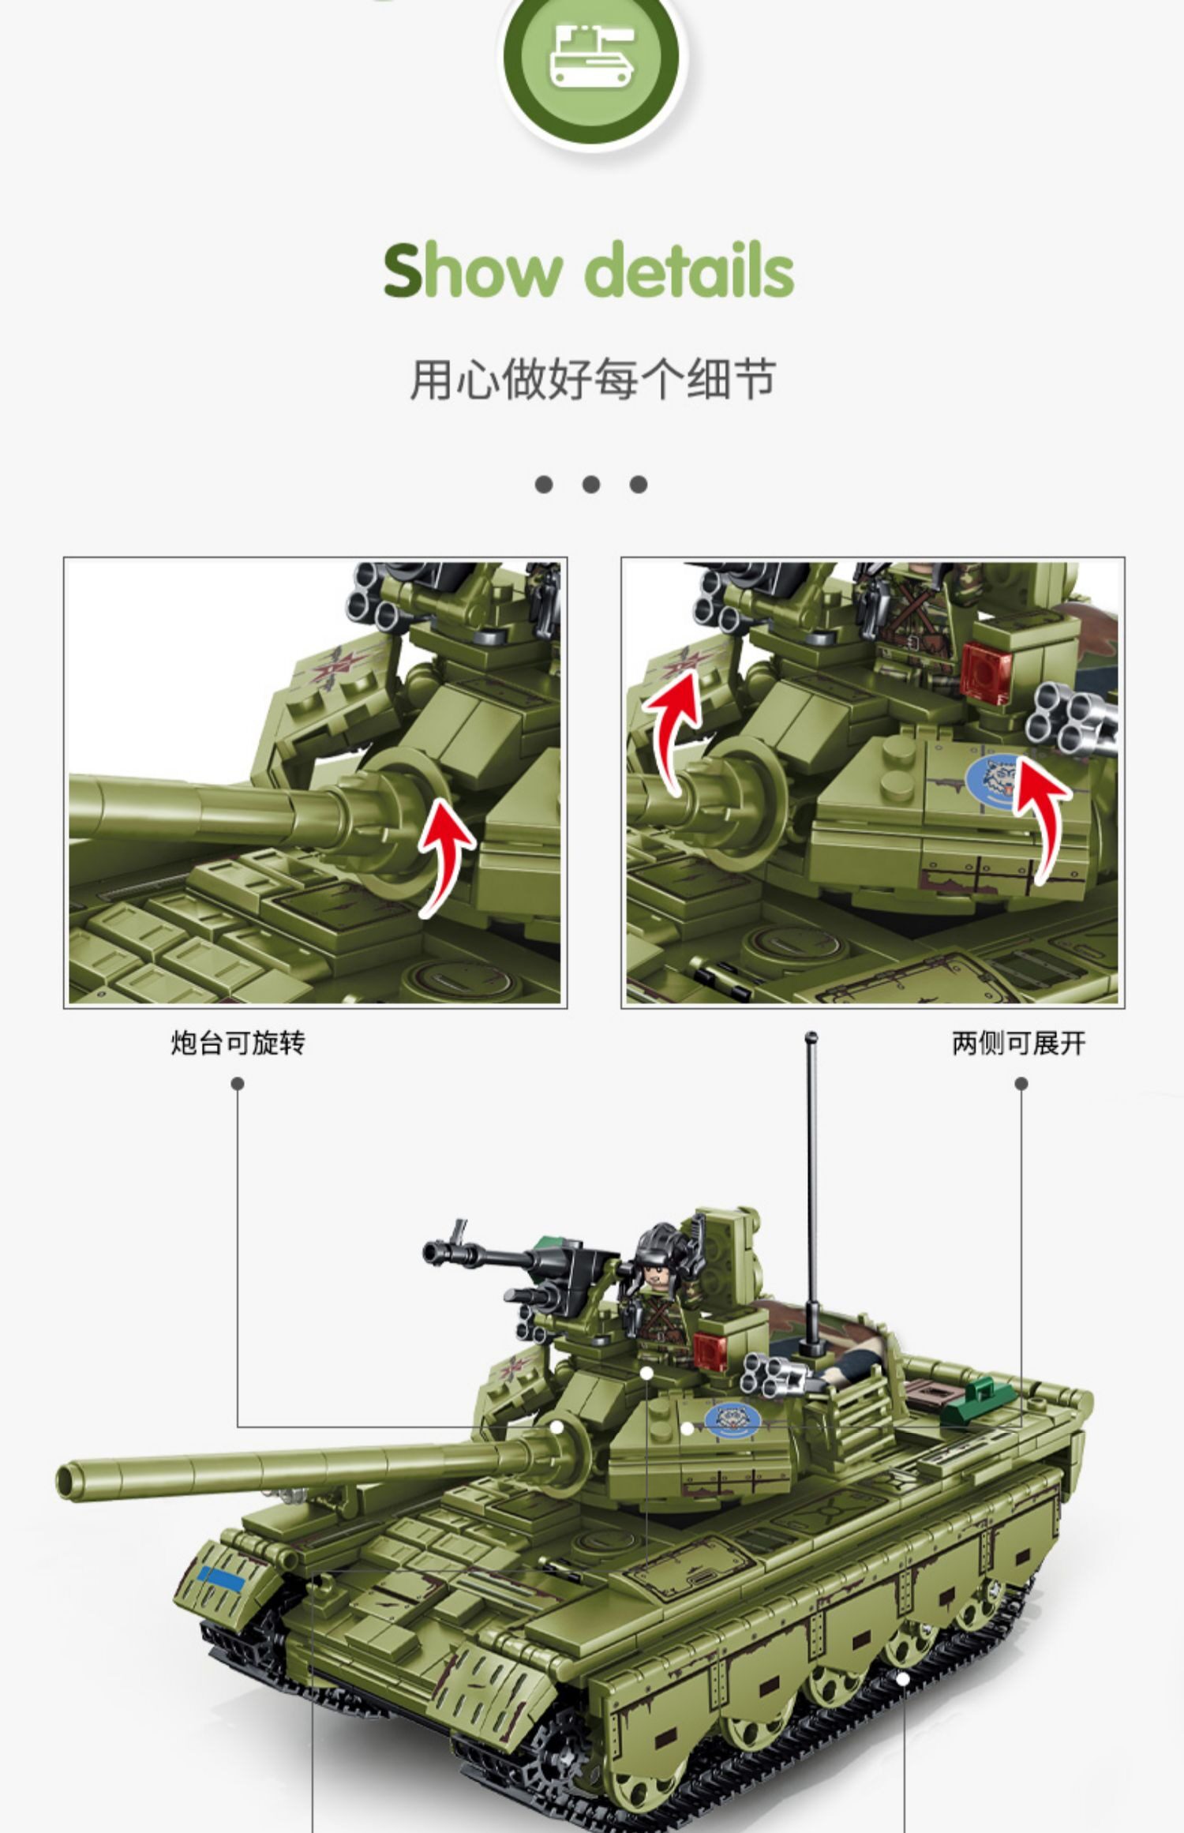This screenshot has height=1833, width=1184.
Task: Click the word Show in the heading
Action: [471, 271]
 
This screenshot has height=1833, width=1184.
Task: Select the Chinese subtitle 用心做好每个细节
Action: [592, 379]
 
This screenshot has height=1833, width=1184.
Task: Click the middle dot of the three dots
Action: [591, 484]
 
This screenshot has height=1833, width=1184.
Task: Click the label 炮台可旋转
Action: [238, 1044]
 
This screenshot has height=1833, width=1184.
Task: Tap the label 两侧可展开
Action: [1019, 1044]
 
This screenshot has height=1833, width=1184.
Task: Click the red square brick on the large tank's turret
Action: [710, 1351]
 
